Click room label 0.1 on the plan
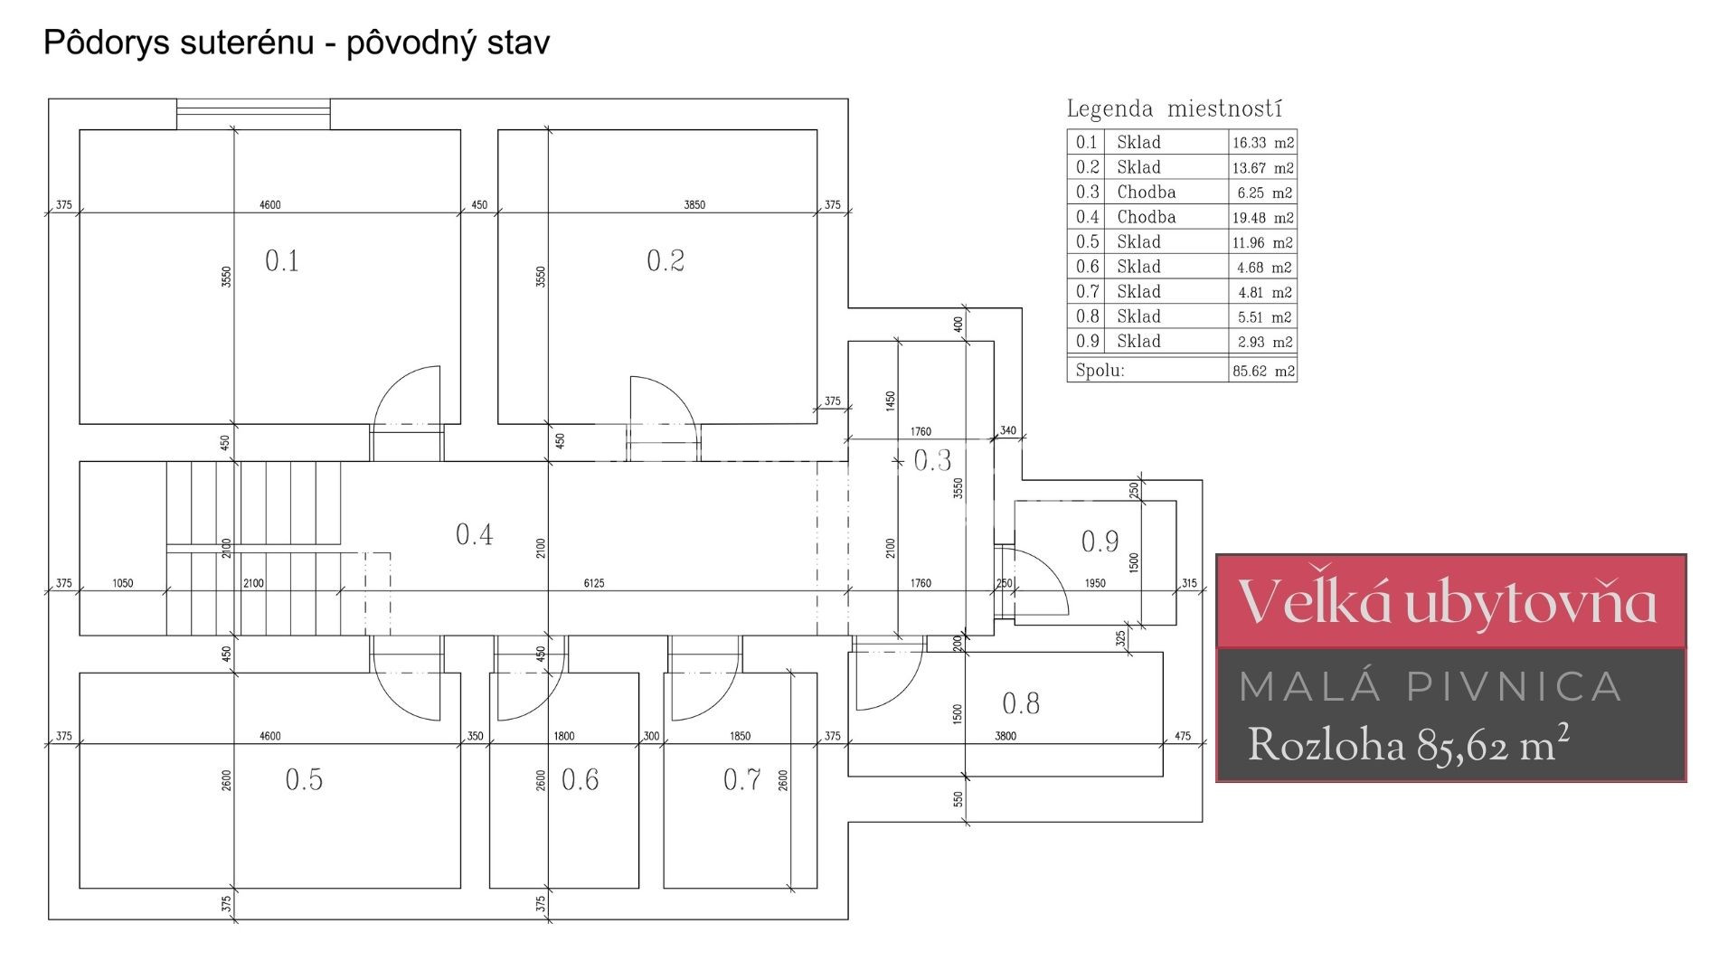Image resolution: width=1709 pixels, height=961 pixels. tap(282, 261)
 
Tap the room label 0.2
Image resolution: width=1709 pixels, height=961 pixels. tap(666, 261)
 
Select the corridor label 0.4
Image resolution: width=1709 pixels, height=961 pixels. tap(474, 535)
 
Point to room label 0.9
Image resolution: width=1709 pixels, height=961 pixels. tap(1100, 542)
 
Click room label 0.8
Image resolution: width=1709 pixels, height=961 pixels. tap(1021, 703)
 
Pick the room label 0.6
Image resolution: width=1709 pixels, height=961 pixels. tap(580, 779)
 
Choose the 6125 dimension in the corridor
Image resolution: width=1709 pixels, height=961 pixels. tap(594, 583)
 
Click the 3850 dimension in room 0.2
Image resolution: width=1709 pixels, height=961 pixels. tap(694, 205)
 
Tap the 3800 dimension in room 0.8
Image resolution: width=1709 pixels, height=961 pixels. tap(1006, 736)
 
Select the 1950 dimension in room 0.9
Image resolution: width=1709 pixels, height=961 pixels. tap(1095, 583)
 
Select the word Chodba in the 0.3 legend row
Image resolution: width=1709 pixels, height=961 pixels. tap(1146, 192)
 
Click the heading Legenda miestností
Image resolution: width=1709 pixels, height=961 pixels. tap(1175, 109)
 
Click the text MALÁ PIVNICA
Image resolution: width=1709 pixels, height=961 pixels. tap(1430, 687)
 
